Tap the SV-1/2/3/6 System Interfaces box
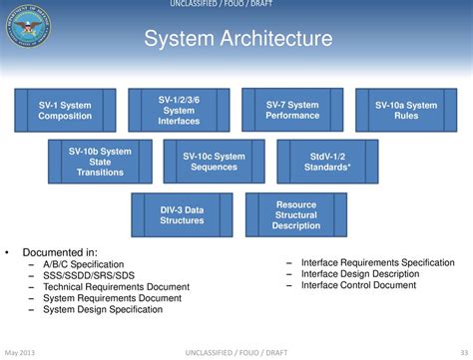click(179, 110)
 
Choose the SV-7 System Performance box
click(292, 110)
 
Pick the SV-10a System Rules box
click(405, 110)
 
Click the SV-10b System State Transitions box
click(100, 162)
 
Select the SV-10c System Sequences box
click(214, 162)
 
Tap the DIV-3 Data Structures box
click(182, 214)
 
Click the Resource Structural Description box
click(296, 214)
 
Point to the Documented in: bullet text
click(60, 252)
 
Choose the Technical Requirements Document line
click(115, 286)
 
